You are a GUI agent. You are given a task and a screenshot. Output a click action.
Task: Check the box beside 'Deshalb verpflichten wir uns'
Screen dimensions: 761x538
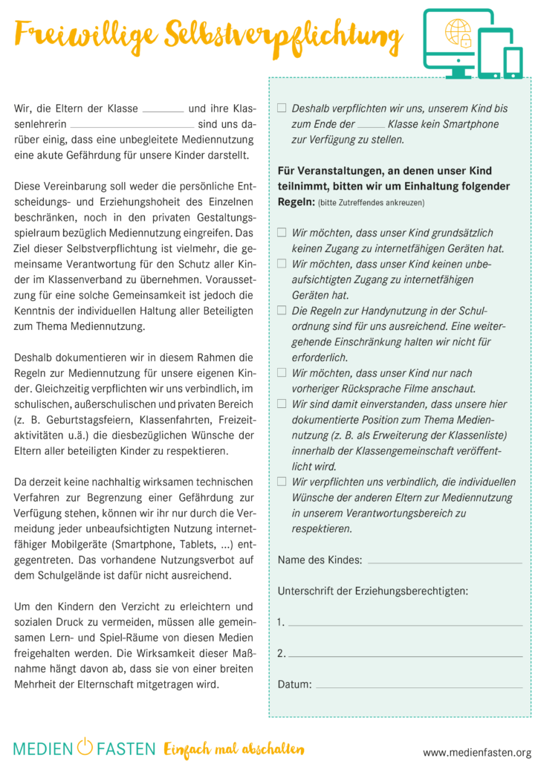point(282,108)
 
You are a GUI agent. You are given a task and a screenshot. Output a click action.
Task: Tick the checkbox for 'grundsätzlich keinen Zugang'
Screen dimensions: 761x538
point(282,233)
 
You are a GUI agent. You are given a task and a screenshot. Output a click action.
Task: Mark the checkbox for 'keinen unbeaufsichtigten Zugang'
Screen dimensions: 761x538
point(282,263)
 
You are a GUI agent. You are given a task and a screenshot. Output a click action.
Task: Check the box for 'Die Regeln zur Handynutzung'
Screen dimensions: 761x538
point(282,310)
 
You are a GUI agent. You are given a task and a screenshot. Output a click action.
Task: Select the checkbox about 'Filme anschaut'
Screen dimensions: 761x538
point(282,372)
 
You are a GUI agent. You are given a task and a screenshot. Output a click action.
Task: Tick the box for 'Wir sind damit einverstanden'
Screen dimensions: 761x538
point(282,404)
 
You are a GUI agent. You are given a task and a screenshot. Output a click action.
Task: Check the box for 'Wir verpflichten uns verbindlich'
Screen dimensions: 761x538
point(282,482)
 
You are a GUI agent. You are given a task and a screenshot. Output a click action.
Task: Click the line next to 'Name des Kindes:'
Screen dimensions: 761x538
point(444,562)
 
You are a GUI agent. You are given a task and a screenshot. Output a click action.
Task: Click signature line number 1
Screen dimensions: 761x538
point(405,625)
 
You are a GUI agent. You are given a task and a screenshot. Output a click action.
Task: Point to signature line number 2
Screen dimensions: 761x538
point(405,656)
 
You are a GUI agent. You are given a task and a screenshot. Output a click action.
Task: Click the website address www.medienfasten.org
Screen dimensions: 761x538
point(477,751)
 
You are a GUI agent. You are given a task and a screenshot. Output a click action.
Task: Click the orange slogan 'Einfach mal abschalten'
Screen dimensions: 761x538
point(234,748)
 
